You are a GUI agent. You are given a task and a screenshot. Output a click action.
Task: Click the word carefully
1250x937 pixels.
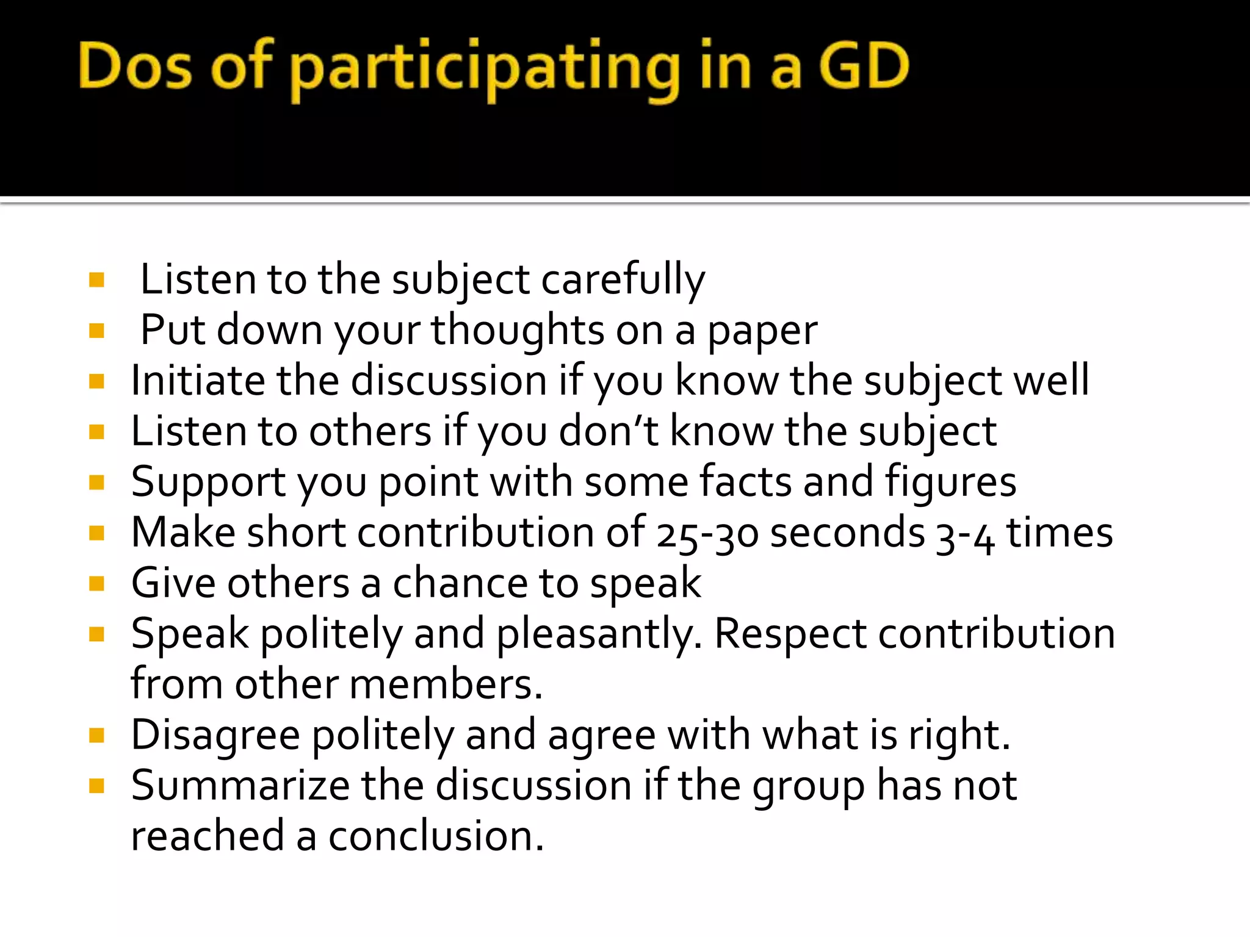[x=623, y=280]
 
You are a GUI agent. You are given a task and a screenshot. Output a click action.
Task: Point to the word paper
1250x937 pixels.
[x=762, y=331]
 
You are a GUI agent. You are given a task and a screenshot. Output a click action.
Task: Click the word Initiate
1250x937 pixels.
[x=198, y=381]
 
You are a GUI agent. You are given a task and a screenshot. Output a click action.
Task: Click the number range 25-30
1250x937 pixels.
[x=707, y=533]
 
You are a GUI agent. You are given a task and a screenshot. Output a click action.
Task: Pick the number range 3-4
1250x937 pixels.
[x=965, y=533]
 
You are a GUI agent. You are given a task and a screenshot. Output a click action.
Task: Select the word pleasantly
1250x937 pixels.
[x=599, y=634]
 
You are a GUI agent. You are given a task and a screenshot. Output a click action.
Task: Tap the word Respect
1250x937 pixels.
[x=790, y=634]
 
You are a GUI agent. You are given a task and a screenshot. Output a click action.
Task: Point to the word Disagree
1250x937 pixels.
[x=215, y=735]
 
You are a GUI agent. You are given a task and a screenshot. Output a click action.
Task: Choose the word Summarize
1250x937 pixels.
[x=240, y=786]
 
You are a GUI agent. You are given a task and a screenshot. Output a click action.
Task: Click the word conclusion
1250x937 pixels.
[x=436, y=836]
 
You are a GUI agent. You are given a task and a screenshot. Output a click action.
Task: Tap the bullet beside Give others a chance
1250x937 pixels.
[x=96, y=584]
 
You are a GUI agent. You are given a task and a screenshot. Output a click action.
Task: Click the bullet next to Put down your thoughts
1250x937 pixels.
[x=96, y=331]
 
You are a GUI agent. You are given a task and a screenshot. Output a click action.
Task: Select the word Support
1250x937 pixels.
[x=208, y=483]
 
